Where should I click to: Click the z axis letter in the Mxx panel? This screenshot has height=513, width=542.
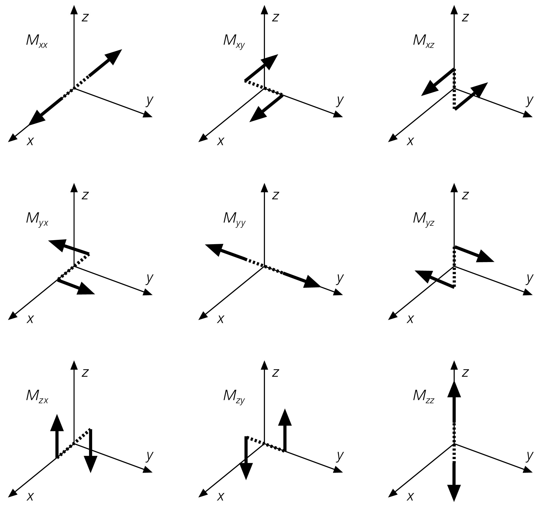tap(85, 17)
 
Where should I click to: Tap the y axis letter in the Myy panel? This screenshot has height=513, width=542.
tap(340, 278)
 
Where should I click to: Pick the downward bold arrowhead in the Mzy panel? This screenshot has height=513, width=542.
tap(246, 471)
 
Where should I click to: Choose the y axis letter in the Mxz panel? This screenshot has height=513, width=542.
tap(529, 101)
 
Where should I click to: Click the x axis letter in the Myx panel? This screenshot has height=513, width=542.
tap(30, 319)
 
